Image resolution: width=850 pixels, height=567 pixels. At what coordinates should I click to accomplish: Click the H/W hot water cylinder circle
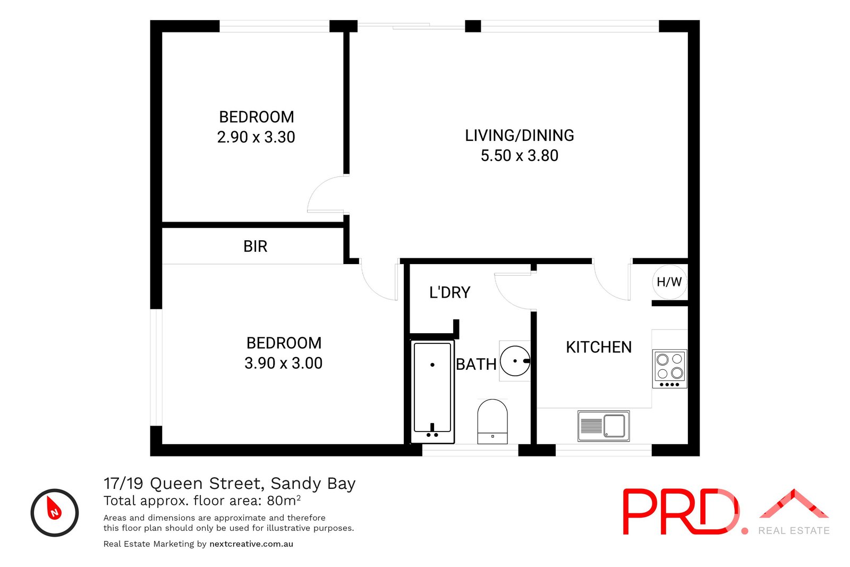point(669,282)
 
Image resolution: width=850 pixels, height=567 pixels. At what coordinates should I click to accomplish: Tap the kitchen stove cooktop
point(669,368)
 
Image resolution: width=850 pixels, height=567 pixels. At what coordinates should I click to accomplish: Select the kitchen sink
point(603,426)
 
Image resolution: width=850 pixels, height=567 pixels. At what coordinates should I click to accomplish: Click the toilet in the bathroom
point(492,421)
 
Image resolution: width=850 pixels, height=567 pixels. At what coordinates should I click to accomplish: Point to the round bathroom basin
point(515,361)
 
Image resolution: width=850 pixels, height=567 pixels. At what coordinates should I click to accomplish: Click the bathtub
point(432,391)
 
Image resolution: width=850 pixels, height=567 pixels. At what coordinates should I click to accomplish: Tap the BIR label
point(255,247)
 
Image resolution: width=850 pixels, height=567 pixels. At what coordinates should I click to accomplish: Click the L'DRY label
point(449,293)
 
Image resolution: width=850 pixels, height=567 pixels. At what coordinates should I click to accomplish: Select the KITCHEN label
point(599,348)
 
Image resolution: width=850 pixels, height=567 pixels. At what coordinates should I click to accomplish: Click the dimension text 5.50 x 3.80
point(519,156)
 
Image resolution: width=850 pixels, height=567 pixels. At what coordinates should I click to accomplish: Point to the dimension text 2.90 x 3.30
point(256,137)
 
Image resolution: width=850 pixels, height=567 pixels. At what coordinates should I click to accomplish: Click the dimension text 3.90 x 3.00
point(283,363)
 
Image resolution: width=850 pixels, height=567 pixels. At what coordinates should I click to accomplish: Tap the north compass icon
point(55,512)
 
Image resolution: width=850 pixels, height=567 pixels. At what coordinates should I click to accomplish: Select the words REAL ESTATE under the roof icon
point(794,530)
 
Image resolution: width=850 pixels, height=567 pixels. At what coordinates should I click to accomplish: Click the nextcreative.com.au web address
point(251,544)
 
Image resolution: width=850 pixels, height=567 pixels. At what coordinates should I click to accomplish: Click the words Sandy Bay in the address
point(313,484)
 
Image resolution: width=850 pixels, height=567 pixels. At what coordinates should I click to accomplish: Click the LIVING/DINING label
point(519,136)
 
